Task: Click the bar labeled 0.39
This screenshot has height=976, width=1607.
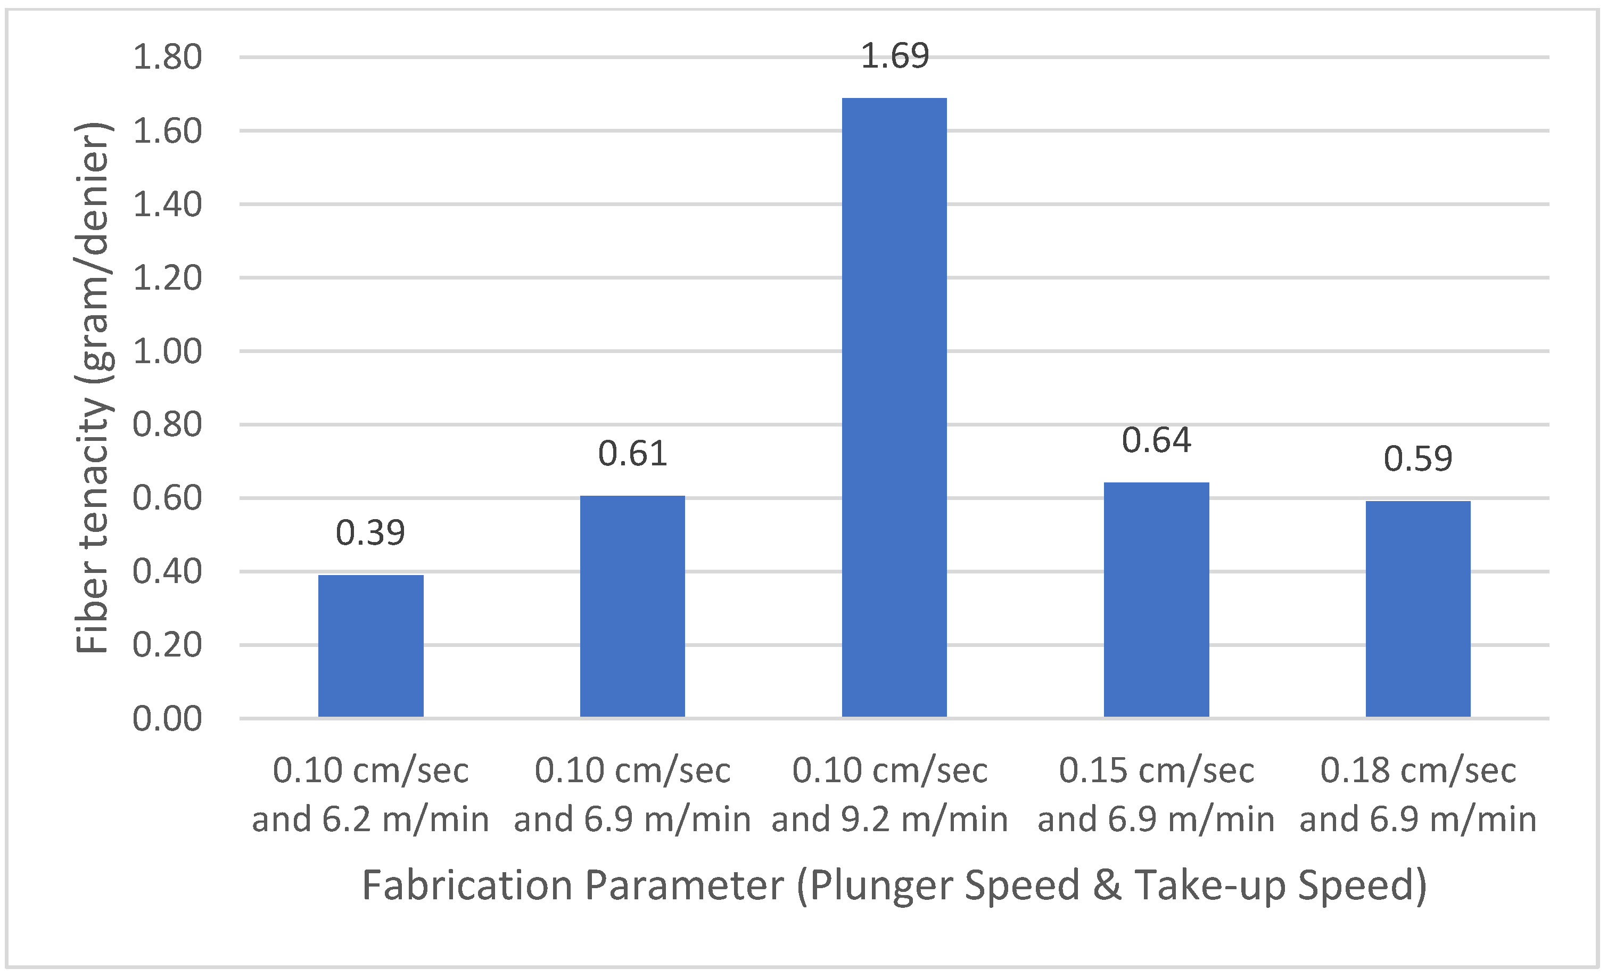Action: (370, 646)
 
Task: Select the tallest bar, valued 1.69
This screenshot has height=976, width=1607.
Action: (894, 408)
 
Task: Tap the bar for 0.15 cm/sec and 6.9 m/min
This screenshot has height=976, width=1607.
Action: (1156, 600)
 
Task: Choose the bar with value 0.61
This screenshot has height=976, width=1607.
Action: (632, 606)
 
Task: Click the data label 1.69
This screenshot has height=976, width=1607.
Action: (895, 56)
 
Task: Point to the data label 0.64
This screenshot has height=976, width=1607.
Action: (1156, 440)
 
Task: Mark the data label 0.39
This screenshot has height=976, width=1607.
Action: (370, 533)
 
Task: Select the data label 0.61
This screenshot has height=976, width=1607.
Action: (632, 454)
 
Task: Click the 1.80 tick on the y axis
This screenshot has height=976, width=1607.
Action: (168, 58)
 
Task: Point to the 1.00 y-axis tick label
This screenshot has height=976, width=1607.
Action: (168, 351)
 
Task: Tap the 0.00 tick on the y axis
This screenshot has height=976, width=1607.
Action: (168, 719)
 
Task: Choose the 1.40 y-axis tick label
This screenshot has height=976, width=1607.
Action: (168, 205)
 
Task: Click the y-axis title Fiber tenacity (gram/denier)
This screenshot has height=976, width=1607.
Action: (93, 388)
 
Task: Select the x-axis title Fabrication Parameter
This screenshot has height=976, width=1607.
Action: (894, 886)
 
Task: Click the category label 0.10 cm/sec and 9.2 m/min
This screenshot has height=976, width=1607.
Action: (890, 794)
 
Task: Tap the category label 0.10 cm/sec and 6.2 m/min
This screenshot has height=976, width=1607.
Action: (370, 794)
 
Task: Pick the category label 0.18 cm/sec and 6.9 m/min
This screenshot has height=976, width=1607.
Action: (1418, 794)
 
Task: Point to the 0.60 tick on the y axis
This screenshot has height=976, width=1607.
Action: (168, 498)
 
